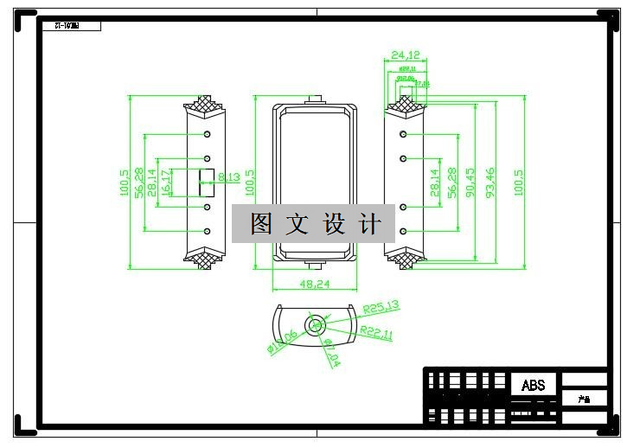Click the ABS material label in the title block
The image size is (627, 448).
click(x=534, y=385)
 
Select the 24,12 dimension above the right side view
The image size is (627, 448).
click(x=405, y=55)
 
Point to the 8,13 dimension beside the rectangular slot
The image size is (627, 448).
click(x=228, y=177)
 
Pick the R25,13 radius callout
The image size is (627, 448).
click(x=381, y=306)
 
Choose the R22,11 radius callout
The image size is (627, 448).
click(x=377, y=333)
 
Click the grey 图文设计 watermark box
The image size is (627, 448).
click(x=313, y=224)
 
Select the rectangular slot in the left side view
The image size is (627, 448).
click(x=207, y=178)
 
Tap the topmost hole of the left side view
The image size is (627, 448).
click(x=208, y=134)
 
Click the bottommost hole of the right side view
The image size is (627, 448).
click(x=404, y=232)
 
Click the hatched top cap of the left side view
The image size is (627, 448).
click(x=206, y=106)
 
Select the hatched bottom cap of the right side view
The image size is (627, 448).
click(x=404, y=256)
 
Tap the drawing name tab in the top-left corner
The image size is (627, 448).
click(x=71, y=26)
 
